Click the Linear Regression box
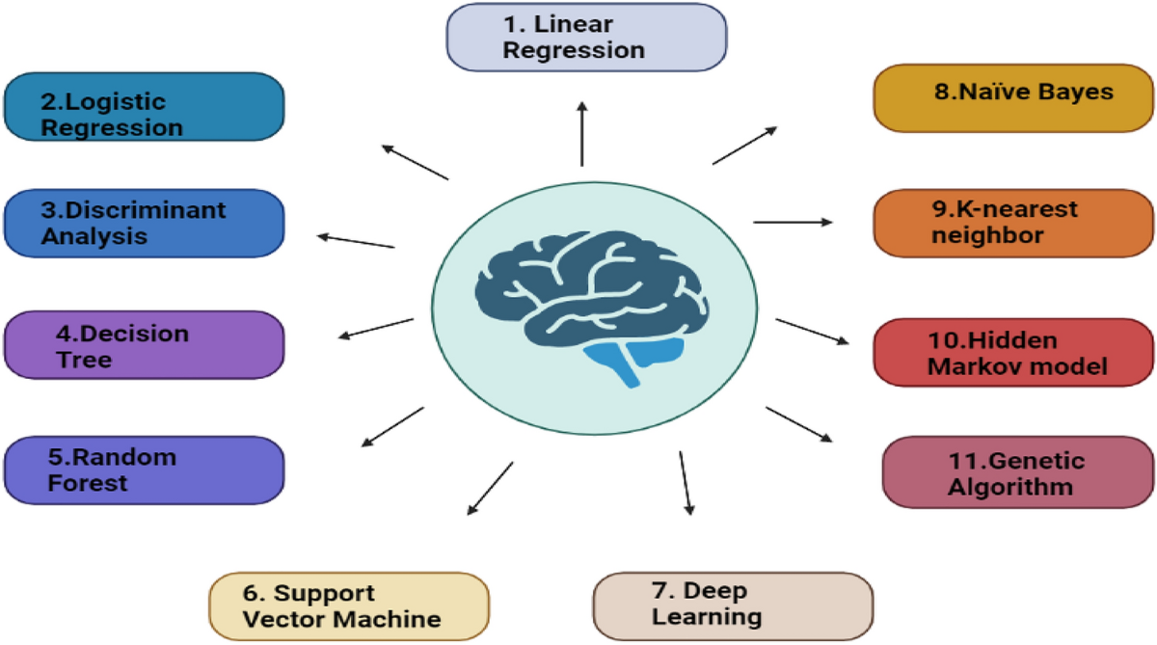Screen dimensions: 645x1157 (x=585, y=37)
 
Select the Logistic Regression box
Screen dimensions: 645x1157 (x=144, y=107)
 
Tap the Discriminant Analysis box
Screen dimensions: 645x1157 (x=144, y=223)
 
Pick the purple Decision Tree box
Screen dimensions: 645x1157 (x=144, y=345)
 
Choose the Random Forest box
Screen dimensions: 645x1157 (x=144, y=470)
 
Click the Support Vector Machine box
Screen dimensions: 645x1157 (x=348, y=605)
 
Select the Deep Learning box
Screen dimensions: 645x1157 (x=732, y=605)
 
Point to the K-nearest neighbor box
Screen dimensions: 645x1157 (x=1012, y=223)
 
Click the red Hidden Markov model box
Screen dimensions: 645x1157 (x=1012, y=354)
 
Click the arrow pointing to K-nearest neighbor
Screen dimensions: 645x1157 (x=792, y=222)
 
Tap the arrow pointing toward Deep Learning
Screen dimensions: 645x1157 (x=686, y=482)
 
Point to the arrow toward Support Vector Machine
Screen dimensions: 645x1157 (x=490, y=488)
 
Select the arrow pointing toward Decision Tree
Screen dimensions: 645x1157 (x=375, y=328)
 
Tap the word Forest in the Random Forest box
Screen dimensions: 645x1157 (x=88, y=482)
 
